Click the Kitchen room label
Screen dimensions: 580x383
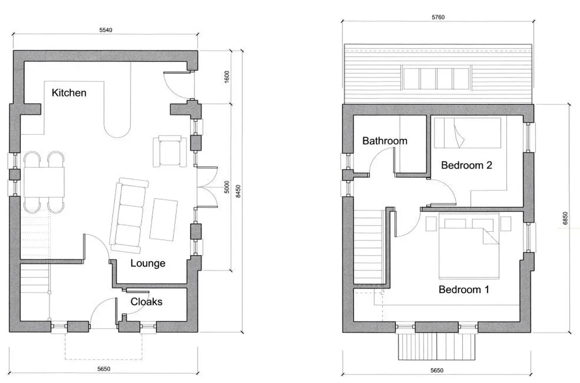tap(69, 93)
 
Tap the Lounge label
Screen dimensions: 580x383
tap(148, 263)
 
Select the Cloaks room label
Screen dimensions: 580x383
tap(146, 301)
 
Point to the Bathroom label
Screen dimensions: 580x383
tap(385, 141)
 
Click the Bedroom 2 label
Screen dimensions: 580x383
tap(467, 165)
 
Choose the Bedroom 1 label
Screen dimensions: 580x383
tap(464, 289)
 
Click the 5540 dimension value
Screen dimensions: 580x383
tap(106, 30)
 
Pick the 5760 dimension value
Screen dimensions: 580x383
tap(438, 17)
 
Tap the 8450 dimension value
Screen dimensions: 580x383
tap(238, 191)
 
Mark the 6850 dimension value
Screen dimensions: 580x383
tap(565, 218)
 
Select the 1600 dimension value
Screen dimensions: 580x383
tap(227, 77)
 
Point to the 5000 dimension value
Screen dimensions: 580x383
tap(227, 187)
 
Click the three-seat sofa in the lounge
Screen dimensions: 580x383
tap(129, 216)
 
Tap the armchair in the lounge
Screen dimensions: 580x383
tap(170, 151)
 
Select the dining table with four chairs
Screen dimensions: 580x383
tap(44, 182)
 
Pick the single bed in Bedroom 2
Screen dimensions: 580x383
tap(467, 133)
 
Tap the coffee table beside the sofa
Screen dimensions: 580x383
tap(164, 220)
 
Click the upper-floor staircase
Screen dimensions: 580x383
tap(368, 247)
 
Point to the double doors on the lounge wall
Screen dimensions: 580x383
tap(207, 187)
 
